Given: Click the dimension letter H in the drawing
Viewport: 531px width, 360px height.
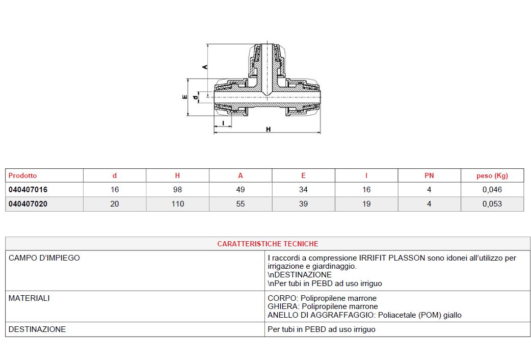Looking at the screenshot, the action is pyautogui.click(x=268, y=129).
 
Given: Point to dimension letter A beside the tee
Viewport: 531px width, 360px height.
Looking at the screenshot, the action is pyautogui.click(x=205, y=67).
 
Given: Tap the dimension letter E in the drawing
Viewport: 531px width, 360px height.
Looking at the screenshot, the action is pyautogui.click(x=185, y=97).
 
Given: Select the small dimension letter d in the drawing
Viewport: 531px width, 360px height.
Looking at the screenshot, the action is pyautogui.click(x=195, y=98).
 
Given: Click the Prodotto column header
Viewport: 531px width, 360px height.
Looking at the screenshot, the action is pyautogui.click(x=23, y=175).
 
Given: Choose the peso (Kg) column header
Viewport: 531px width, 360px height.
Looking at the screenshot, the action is pyautogui.click(x=492, y=175).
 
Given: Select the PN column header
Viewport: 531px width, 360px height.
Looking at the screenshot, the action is pyautogui.click(x=429, y=175).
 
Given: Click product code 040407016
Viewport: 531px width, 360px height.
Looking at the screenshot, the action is pyautogui.click(x=28, y=190).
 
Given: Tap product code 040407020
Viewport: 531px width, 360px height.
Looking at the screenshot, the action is pyautogui.click(x=28, y=204).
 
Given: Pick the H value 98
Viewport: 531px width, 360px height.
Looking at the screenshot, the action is pyautogui.click(x=177, y=190).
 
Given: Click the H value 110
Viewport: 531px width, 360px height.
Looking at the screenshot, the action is pyautogui.click(x=177, y=204).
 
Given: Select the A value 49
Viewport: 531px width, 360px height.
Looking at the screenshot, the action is pyautogui.click(x=241, y=190).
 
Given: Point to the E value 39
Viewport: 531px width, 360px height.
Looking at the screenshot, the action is pyautogui.click(x=303, y=204).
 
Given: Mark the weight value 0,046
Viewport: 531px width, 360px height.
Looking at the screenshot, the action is pyautogui.click(x=492, y=190).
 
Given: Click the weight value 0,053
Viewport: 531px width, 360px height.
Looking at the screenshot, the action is pyautogui.click(x=492, y=204).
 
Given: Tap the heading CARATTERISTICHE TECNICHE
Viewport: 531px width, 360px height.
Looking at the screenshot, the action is pyautogui.click(x=268, y=244).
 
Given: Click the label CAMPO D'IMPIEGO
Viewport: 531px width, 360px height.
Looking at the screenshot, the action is pyautogui.click(x=44, y=258).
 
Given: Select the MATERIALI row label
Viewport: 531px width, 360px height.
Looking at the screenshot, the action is pyautogui.click(x=29, y=298).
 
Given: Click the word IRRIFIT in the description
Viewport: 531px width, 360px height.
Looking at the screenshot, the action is pyautogui.click(x=373, y=258).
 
